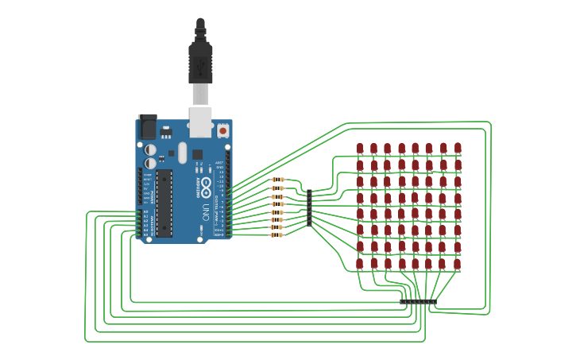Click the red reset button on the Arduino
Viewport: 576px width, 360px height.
[x=223, y=130]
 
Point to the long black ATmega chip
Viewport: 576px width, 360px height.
[x=164, y=203]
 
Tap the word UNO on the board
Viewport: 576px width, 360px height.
[x=205, y=212]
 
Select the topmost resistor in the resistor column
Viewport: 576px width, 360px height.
[x=277, y=180]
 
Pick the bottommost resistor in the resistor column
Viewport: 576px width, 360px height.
[x=277, y=235]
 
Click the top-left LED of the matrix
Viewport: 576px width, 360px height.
[x=360, y=149]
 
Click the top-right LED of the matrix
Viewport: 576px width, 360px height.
[x=458, y=149]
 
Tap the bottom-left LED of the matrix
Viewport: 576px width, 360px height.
[x=360, y=263]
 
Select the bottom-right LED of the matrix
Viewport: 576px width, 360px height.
[x=458, y=263]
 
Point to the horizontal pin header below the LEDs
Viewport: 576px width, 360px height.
[x=418, y=302]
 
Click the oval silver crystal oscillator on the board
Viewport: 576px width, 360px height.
[x=183, y=153]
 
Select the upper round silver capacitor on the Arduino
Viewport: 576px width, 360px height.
[x=150, y=149]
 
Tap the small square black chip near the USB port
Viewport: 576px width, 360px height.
[x=197, y=154]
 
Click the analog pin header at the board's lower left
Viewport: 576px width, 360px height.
[x=140, y=223]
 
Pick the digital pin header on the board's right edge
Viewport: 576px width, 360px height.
[x=229, y=195]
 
